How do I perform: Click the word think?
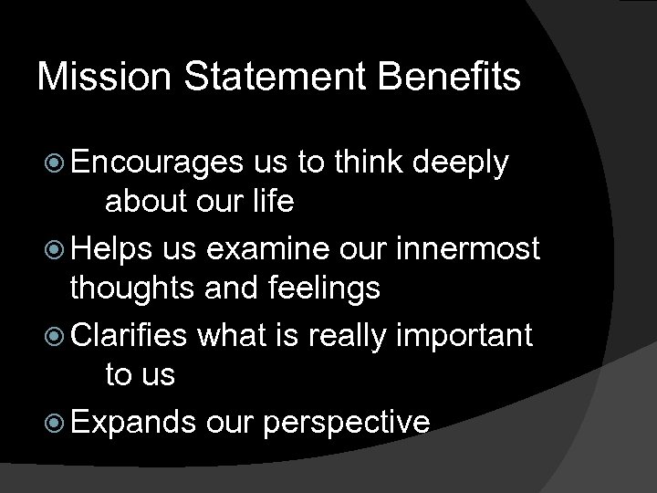[x=370, y=163]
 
